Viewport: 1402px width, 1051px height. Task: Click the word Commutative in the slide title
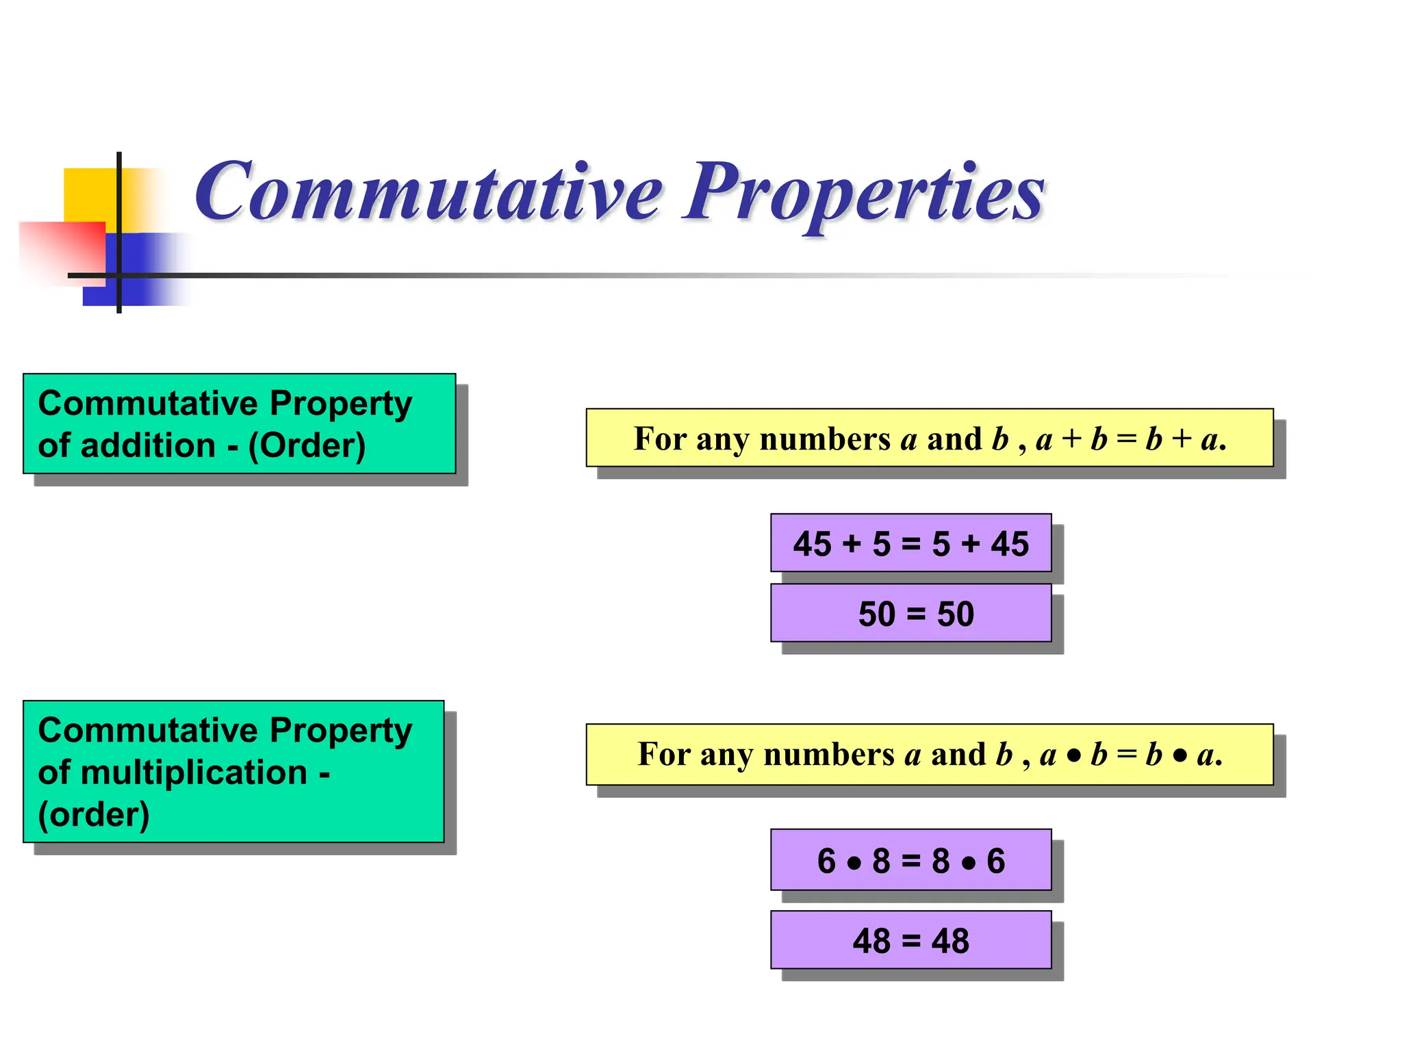pyautogui.click(x=428, y=193)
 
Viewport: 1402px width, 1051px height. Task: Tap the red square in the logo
pyautogui.click(x=62, y=250)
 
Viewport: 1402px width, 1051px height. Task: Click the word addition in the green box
pyautogui.click(x=148, y=446)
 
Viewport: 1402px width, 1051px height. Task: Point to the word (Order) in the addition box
pyautogui.click(x=307, y=446)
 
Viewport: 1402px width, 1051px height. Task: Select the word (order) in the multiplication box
pyautogui.click(x=94, y=815)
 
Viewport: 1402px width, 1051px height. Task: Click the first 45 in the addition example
pyautogui.click(x=812, y=545)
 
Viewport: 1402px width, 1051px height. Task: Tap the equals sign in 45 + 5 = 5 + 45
pyautogui.click(x=911, y=545)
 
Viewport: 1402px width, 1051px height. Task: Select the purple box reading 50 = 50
pyautogui.click(x=910, y=613)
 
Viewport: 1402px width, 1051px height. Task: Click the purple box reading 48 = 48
pyautogui.click(x=910, y=940)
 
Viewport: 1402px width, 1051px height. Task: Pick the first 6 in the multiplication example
pyautogui.click(x=826, y=861)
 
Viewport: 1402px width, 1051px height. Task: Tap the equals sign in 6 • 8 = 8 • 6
pyautogui.click(x=911, y=861)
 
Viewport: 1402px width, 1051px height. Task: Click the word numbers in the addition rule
pyautogui.click(x=824, y=439)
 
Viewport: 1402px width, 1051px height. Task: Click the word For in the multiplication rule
pyautogui.click(x=662, y=754)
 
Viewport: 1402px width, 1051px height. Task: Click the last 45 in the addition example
pyautogui.click(x=1010, y=545)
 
